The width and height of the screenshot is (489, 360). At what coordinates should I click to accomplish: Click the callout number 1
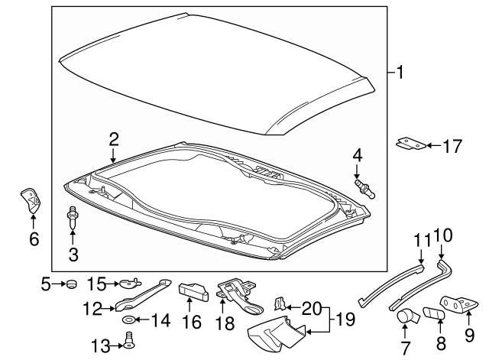pyautogui.click(x=400, y=73)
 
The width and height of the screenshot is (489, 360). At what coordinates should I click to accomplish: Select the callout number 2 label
pyautogui.click(x=113, y=139)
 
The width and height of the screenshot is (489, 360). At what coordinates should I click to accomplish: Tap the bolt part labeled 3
pyautogui.click(x=73, y=219)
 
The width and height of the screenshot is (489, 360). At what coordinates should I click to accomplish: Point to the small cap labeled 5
pyautogui.click(x=73, y=284)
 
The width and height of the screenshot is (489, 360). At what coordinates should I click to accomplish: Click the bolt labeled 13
pyautogui.click(x=128, y=342)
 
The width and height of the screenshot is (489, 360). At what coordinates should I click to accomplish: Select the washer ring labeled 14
pyautogui.click(x=129, y=319)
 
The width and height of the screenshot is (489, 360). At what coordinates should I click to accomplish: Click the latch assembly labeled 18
pyautogui.click(x=237, y=294)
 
